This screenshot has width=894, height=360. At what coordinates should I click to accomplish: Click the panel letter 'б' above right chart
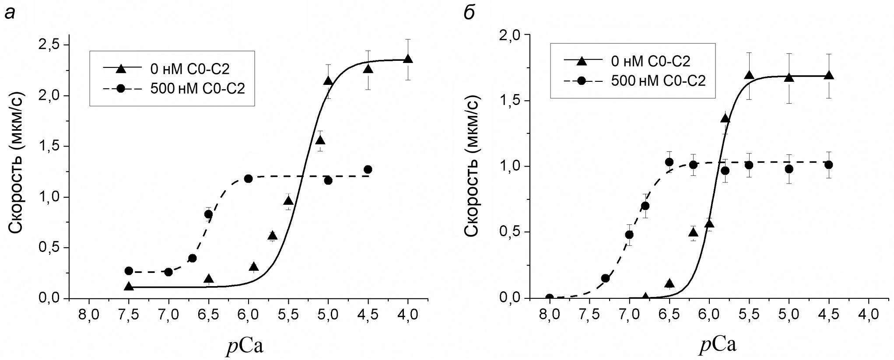coord(469,13)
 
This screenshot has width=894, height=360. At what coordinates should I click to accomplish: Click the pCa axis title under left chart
coord(245,347)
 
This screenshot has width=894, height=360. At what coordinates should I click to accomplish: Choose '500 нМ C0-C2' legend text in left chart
coord(197,88)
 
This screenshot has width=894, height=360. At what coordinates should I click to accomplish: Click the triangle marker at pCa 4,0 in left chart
coord(408,59)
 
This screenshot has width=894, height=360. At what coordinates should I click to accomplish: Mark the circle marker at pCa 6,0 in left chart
coord(249,178)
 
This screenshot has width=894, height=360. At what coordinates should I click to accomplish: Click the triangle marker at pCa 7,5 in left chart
coord(129,287)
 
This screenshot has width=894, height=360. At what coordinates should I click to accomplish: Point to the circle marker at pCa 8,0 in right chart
coord(550,298)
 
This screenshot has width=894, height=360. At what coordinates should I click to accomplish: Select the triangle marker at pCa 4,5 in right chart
coord(829,75)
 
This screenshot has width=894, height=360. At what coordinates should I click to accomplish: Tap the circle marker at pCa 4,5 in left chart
coord(368,169)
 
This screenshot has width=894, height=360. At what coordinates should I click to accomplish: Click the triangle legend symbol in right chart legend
coord(581,62)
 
